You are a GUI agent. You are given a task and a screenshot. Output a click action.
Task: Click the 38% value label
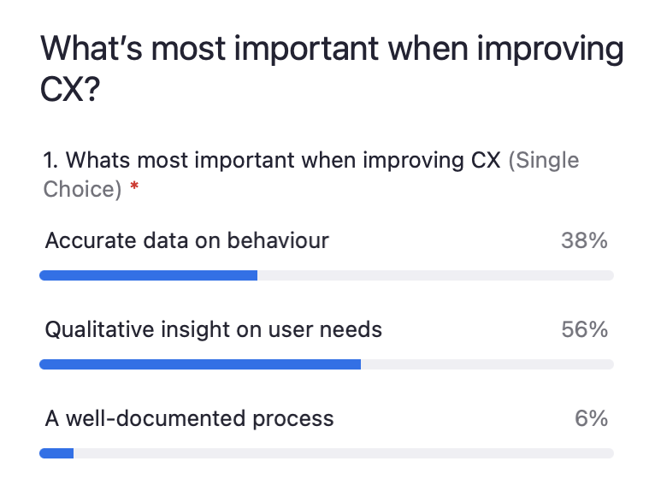click(584, 240)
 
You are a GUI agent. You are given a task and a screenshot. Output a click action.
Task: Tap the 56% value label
click(584, 329)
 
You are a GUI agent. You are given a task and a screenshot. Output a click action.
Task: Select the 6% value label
click(591, 418)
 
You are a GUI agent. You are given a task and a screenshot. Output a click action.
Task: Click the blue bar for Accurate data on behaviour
click(148, 275)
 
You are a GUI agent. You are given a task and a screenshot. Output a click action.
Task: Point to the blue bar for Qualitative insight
click(200, 364)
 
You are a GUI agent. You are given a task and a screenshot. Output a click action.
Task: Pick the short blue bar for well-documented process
click(56, 453)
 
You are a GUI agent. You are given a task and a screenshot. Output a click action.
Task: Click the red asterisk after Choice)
click(134, 186)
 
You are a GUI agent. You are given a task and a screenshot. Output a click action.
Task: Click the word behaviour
click(278, 240)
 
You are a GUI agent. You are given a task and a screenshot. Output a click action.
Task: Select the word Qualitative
click(99, 330)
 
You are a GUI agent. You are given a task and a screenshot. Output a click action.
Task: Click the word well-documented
click(156, 418)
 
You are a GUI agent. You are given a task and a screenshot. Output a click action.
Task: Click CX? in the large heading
click(70, 89)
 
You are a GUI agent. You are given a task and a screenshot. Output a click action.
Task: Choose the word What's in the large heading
click(91, 48)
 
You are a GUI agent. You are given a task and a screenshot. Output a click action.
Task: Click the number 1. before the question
click(50, 160)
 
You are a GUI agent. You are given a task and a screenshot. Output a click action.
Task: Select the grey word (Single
click(544, 161)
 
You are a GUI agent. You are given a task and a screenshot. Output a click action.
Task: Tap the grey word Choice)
click(82, 190)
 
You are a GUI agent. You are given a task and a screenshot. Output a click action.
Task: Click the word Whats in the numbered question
click(97, 160)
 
